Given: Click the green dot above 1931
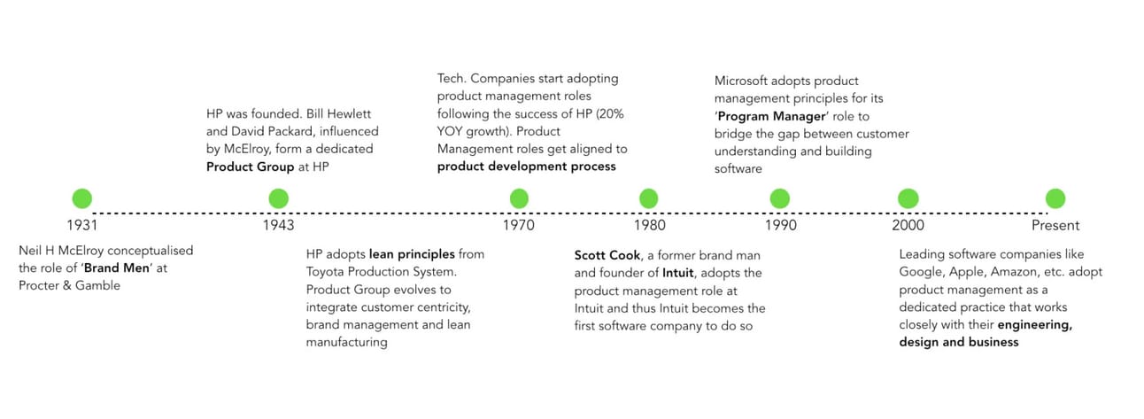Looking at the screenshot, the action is (x=81, y=198).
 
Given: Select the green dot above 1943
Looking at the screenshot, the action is (x=278, y=198).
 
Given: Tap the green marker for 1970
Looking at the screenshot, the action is (x=519, y=198).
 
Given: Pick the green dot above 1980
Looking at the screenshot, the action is (x=649, y=198).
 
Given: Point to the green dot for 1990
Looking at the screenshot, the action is (x=780, y=198).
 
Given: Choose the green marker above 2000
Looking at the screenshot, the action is (x=908, y=198).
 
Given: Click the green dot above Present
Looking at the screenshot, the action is (x=1055, y=198).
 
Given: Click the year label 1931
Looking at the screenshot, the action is (x=81, y=225).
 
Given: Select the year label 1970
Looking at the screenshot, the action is (x=518, y=225).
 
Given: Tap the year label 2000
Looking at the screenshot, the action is (x=908, y=225).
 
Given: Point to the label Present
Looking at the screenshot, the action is (x=1055, y=225).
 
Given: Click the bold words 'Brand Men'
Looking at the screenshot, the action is (x=117, y=268).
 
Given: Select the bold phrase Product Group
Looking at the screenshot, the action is (x=251, y=167).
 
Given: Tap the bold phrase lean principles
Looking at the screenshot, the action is (x=412, y=254).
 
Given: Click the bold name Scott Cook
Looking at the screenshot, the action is (x=607, y=255).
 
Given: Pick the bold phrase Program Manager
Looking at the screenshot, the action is (x=772, y=117).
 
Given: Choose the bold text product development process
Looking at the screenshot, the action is (x=527, y=167).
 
